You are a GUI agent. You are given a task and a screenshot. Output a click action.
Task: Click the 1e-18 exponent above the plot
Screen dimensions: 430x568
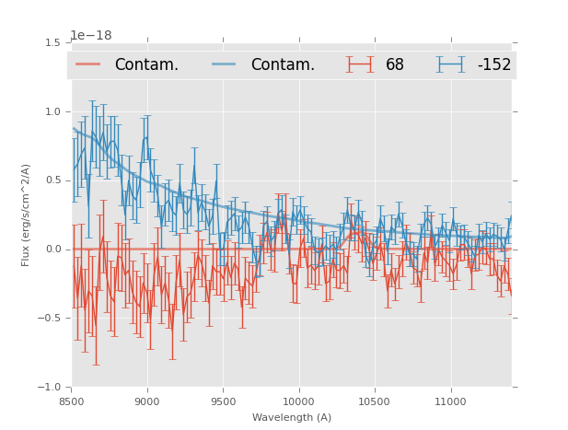tap(91, 35)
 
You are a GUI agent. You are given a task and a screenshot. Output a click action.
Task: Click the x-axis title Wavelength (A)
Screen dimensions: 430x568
tap(292, 417)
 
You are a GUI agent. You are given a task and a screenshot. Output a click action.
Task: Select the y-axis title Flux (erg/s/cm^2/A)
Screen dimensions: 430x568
tap(27, 215)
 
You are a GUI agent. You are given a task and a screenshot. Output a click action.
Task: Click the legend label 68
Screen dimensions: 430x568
tap(395, 64)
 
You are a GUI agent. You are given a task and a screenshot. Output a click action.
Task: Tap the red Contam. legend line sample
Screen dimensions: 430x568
tap(88, 64)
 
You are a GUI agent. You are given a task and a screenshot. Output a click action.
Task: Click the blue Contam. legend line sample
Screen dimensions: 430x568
tap(225, 64)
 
